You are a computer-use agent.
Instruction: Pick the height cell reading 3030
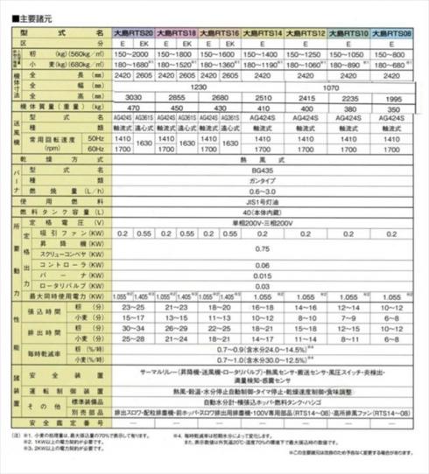134,97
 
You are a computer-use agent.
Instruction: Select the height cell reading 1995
390,97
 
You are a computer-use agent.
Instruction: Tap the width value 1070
348,87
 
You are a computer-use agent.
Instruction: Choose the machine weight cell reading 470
134,108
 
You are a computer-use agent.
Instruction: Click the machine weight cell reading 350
390,108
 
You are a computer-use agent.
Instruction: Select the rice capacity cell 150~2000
134,53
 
